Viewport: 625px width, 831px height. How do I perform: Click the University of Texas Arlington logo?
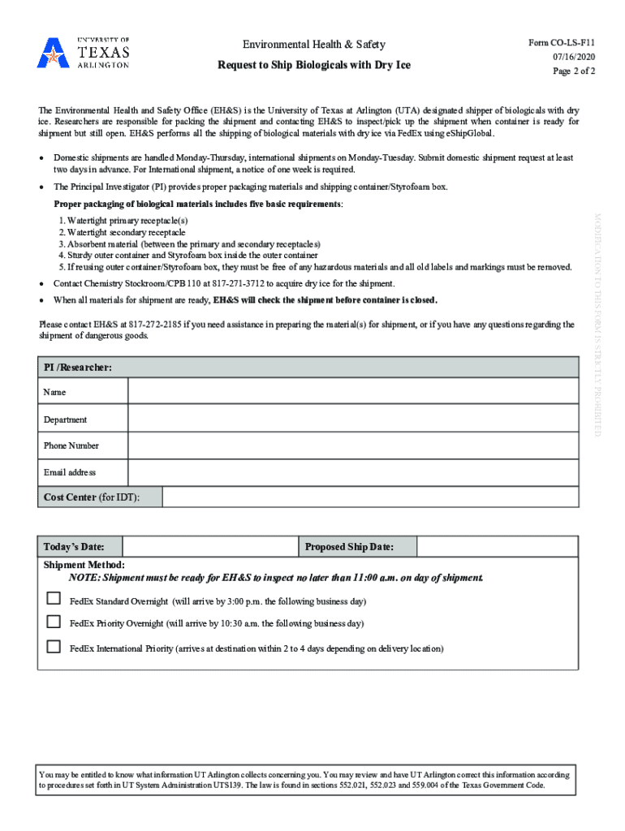(83, 53)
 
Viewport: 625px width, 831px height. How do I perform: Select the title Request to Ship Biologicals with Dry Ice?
(315, 64)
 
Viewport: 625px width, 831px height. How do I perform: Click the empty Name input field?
(353, 392)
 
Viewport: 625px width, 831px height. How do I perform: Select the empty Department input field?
(353, 420)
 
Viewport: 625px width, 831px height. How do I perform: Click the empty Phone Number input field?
(353, 446)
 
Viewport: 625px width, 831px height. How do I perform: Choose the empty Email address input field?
(353, 472)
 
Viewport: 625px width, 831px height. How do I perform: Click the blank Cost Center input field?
(370, 497)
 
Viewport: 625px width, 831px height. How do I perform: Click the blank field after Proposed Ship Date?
(497, 546)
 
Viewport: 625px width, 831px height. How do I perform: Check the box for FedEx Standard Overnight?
(54, 599)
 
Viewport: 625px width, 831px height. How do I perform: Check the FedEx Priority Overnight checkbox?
(54, 622)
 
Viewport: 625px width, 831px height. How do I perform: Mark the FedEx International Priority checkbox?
(54, 647)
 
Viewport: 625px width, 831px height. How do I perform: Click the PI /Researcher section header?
(78, 368)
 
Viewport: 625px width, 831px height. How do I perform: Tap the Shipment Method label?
(84, 564)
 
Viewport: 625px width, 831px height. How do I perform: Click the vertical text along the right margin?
(597, 325)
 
